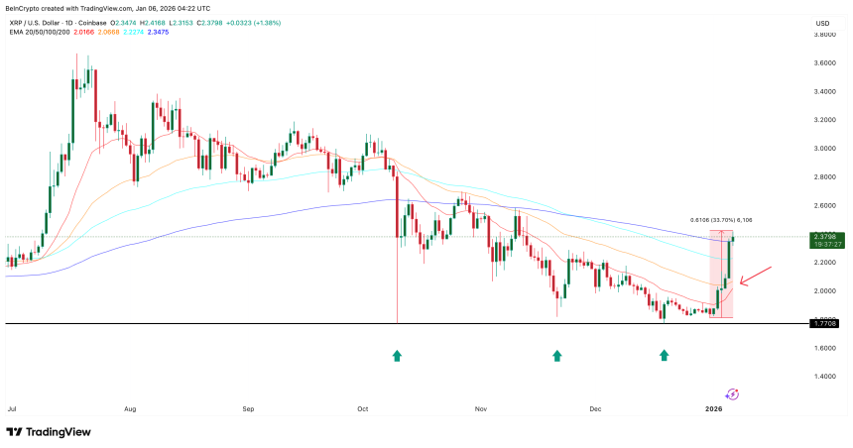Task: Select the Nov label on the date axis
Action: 480,407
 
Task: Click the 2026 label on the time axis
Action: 714,407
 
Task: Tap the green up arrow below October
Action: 397,355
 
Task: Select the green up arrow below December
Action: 664,355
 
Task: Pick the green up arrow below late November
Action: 557,355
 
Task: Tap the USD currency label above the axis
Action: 822,23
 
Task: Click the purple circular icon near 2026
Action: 732,393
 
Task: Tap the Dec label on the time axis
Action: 595,407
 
